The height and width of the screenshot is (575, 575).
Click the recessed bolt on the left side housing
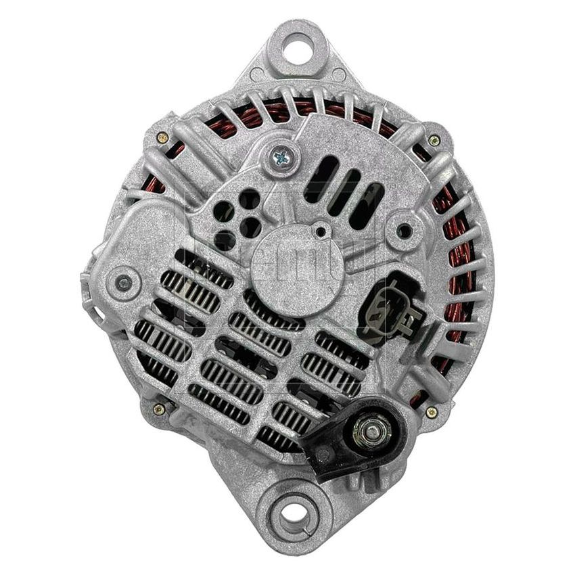[x=123, y=282]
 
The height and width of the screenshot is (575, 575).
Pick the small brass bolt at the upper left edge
[x=162, y=138]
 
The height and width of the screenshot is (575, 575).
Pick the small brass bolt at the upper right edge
[x=434, y=140]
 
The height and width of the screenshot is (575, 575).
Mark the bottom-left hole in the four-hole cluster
[x=225, y=238]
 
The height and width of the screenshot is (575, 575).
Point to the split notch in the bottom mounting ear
[x=294, y=538]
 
